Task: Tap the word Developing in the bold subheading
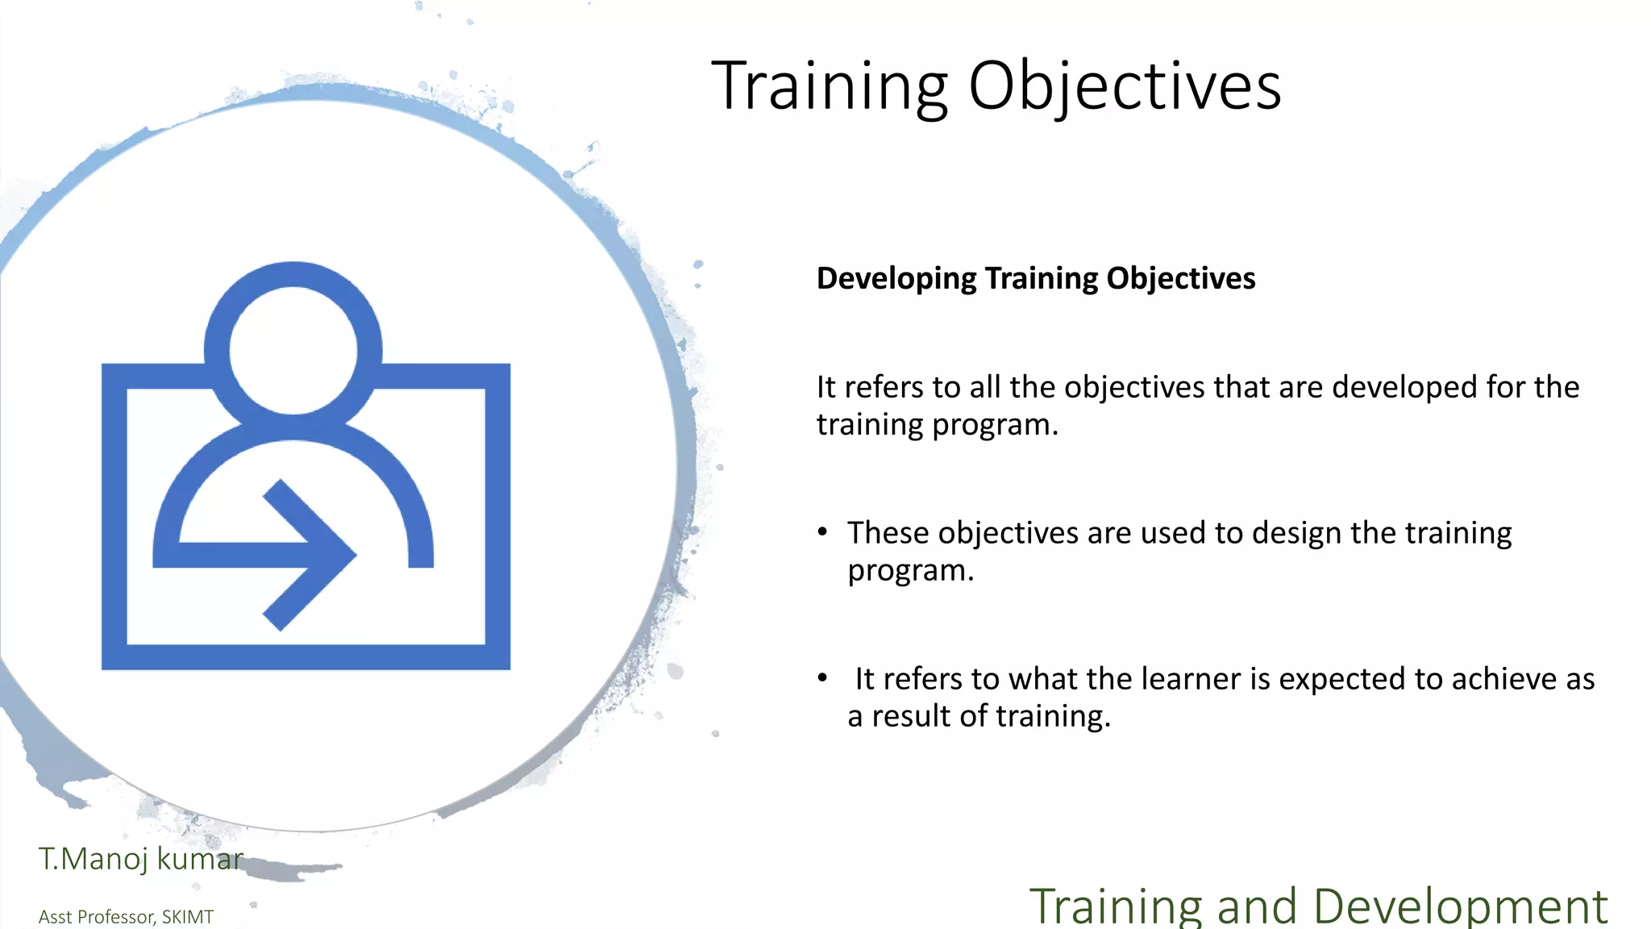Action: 896,278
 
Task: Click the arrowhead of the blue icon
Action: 322,554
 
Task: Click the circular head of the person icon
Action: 293,350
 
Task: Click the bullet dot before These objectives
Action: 822,531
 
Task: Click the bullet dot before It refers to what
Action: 822,677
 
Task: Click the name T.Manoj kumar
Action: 140,859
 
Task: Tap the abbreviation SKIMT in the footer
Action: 187,917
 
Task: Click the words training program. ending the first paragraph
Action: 937,425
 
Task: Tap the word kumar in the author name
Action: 200,859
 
